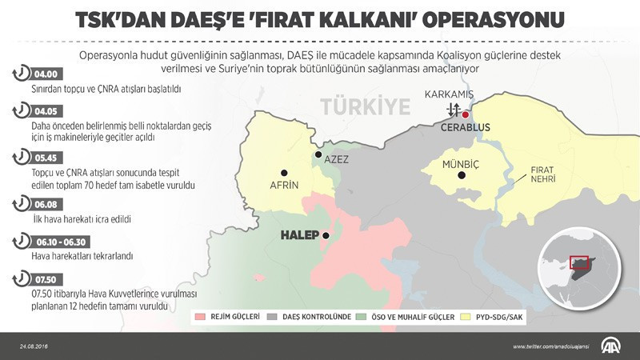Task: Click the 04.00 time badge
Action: coord(45,74)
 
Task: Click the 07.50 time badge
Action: coord(45,278)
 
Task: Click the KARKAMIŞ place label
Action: coord(450,94)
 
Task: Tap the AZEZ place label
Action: coord(336,158)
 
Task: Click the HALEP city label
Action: coord(299,235)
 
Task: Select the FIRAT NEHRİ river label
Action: coord(537,175)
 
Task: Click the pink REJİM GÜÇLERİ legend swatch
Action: coord(201,317)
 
